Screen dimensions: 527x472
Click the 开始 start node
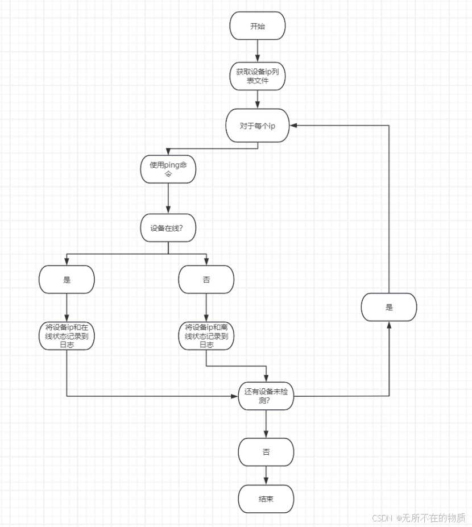click(257, 26)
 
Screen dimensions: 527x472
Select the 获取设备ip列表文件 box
click(257, 76)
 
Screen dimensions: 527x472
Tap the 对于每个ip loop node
click(257, 126)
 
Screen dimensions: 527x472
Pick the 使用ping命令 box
click(168, 169)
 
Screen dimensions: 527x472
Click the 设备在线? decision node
click(168, 228)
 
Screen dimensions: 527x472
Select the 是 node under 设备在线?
click(67, 279)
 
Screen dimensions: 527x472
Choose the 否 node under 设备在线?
click(206, 279)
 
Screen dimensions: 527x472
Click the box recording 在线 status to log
click(67, 335)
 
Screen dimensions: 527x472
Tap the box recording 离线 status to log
click(206, 335)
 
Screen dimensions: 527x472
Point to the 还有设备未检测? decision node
click(266, 396)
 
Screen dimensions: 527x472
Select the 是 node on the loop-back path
click(389, 307)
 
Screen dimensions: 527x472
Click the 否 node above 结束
click(266, 453)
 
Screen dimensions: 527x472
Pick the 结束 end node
click(266, 499)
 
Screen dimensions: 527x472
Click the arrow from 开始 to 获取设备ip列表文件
click(257, 51)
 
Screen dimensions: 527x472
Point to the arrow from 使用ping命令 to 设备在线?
click(168, 198)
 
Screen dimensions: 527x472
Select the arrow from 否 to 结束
click(266, 476)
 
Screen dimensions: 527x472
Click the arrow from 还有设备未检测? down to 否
click(266, 424)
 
